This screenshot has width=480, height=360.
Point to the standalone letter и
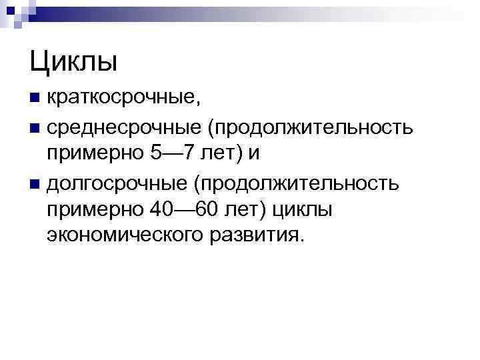[x=254, y=153]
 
